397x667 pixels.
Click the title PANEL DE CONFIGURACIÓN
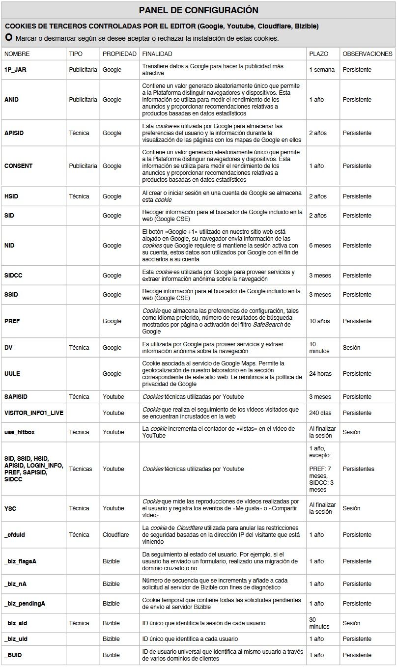pyautogui.click(x=198, y=10)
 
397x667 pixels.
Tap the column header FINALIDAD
pyautogui.click(x=157, y=54)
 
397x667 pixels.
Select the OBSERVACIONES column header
pyautogui.click(x=367, y=54)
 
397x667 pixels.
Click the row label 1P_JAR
pyautogui.click(x=15, y=70)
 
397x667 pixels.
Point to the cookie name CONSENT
pyautogui.click(x=18, y=166)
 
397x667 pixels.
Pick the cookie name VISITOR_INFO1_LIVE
pyautogui.click(x=34, y=413)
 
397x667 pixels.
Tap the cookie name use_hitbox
pyautogui.click(x=20, y=432)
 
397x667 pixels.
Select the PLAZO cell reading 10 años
pyautogui.click(x=320, y=321)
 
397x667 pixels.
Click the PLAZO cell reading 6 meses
pyautogui.click(x=320, y=246)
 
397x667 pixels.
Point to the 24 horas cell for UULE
pyautogui.click(x=320, y=374)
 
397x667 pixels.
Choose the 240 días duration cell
pyautogui.click(x=320, y=413)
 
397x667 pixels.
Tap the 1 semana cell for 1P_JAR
pyautogui.click(x=322, y=70)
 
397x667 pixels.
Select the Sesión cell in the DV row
pyautogui.click(x=351, y=348)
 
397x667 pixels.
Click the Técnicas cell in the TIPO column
pyautogui.click(x=81, y=469)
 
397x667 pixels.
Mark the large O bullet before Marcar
pyautogui.click(x=9, y=38)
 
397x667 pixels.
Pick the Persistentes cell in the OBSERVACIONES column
pyautogui.click(x=358, y=469)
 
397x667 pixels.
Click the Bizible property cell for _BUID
pyautogui.click(x=111, y=655)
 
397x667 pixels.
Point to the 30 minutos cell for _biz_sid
pyautogui.click(x=319, y=623)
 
